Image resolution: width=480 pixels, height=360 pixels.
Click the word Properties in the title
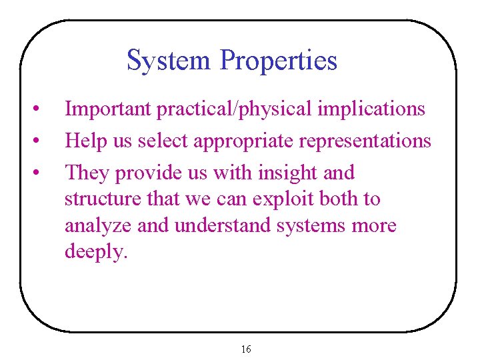coord(279,61)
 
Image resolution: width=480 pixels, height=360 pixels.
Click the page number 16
coord(245,349)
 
